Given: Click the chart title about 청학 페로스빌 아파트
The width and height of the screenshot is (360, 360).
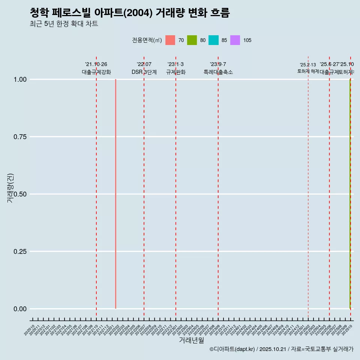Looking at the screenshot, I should click(129, 13).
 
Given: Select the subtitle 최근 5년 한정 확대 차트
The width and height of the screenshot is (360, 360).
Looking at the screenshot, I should click(64, 24).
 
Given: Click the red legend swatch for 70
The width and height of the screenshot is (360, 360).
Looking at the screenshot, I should click(170, 40).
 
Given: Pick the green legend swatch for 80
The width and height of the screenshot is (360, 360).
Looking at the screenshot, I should click(192, 40).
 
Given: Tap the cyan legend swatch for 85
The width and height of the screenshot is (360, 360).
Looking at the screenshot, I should click(213, 40).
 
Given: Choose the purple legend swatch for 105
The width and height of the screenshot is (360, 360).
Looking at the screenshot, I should click(235, 40).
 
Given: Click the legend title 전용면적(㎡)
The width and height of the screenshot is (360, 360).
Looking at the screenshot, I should click(147, 40).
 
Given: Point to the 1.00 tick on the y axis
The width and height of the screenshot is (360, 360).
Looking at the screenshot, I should click(19, 79).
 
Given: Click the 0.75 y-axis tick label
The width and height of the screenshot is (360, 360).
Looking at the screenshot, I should click(19, 137).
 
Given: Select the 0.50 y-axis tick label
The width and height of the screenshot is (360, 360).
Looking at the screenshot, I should click(19, 194).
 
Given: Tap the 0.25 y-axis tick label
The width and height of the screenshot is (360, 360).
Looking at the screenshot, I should click(19, 252).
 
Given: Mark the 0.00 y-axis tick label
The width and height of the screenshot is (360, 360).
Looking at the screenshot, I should click(19, 309).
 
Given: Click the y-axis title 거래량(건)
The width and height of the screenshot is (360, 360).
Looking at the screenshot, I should click(10, 188).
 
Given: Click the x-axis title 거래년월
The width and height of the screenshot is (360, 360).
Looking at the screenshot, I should click(191, 340).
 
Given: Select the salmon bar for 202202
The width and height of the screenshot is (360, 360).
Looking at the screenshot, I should click(115, 194).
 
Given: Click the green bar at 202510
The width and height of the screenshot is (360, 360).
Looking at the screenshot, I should click(350, 194).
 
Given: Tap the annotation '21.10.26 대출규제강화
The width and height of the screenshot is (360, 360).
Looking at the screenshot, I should click(96, 68).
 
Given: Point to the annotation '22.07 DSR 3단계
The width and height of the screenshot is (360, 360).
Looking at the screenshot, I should click(144, 68).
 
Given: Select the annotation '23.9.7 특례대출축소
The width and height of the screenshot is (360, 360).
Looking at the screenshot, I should click(218, 68).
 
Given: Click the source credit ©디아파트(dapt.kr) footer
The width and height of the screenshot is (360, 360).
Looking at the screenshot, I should click(281, 349).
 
